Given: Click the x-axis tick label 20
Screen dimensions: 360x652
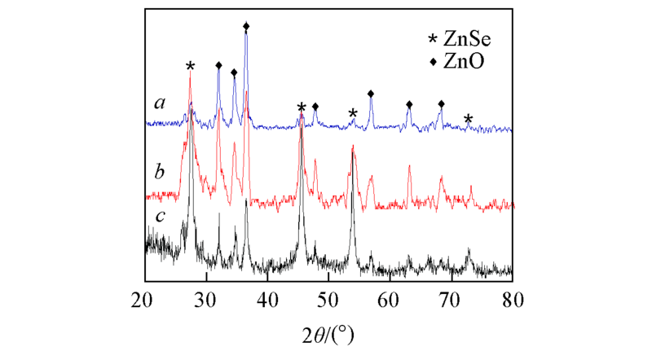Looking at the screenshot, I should point(144,299).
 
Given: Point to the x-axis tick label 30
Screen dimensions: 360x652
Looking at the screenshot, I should point(205,299).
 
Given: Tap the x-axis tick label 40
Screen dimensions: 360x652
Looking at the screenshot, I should point(267,299).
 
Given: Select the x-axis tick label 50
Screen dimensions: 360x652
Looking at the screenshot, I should point(328,299).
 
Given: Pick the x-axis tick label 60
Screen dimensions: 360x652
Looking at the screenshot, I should point(389,299).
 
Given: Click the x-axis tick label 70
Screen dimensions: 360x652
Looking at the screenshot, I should point(451,299).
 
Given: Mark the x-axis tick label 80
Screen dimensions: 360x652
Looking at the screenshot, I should point(512,299).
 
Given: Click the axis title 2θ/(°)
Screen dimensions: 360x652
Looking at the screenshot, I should point(328,333).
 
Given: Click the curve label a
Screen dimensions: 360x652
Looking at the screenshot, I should point(161,103).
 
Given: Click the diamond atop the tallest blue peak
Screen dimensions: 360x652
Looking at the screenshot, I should point(246,27).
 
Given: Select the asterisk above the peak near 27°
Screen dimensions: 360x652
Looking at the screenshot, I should point(190,66).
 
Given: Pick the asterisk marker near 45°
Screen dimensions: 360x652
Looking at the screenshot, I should point(302,108).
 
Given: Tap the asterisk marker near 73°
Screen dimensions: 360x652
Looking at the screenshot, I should point(468,119).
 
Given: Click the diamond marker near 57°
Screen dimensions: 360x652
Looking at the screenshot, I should point(371,94).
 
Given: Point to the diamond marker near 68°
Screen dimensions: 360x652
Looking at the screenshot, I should point(441,104).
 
